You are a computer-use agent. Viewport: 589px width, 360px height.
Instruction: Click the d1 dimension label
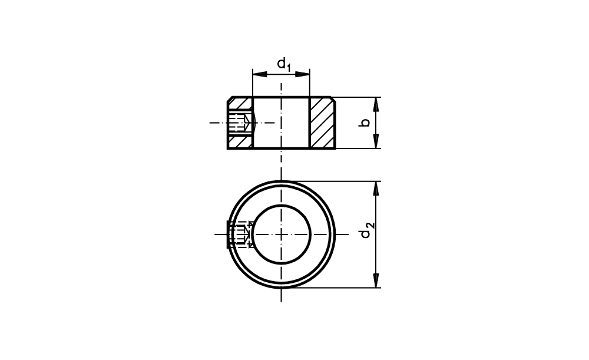point(284,64)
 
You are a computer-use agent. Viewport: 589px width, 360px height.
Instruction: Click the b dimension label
point(364,123)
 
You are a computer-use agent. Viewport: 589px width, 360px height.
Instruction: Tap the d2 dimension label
point(367,230)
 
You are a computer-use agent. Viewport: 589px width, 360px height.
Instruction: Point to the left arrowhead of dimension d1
point(260,74)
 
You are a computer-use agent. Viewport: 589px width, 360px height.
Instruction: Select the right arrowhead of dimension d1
point(302,74)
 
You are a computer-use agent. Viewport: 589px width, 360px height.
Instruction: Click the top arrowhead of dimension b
point(376,104)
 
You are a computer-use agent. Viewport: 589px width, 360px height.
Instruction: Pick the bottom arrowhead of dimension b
point(376,141)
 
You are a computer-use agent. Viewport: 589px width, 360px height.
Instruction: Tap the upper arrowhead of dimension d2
point(376,189)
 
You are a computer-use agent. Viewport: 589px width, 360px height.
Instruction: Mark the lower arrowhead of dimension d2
point(376,280)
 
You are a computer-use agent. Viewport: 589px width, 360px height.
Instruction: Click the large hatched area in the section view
point(322,123)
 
